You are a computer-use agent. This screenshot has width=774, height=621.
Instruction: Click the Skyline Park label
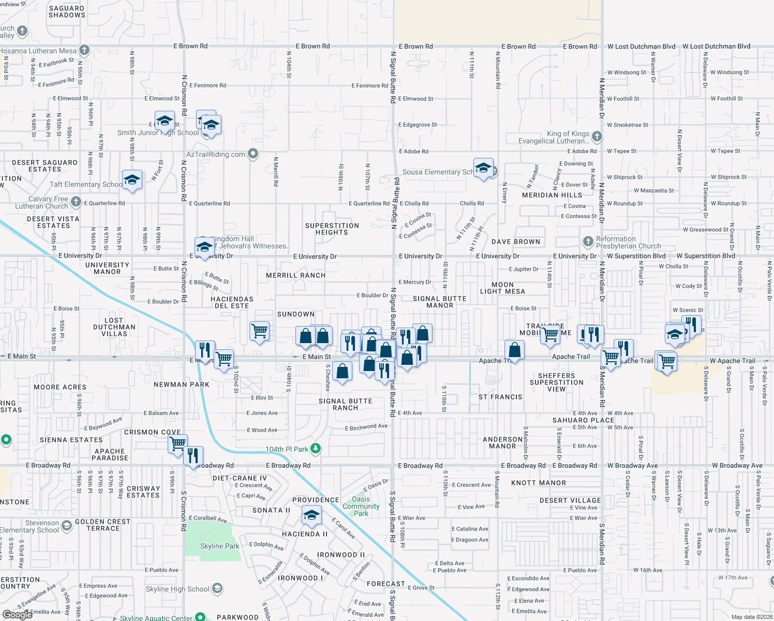(x=219, y=546)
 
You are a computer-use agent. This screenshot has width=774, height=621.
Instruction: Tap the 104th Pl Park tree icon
(x=315, y=449)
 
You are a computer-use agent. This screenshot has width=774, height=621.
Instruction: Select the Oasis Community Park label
(x=361, y=506)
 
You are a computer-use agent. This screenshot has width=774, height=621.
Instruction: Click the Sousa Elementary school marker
(x=483, y=168)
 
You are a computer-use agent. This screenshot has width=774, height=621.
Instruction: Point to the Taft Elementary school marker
(x=132, y=180)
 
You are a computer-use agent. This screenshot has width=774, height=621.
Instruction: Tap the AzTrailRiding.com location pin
(x=253, y=154)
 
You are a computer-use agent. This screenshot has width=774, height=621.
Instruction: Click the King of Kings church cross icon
(x=597, y=136)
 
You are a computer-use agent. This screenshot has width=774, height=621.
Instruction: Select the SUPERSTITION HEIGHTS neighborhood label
(x=332, y=229)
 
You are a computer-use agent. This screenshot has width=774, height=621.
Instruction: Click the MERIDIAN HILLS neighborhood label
(x=552, y=195)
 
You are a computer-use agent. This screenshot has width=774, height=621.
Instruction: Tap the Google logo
(x=17, y=615)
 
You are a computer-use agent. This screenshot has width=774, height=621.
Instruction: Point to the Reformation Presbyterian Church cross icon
(x=588, y=242)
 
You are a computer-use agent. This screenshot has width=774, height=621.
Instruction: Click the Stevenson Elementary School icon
(x=67, y=526)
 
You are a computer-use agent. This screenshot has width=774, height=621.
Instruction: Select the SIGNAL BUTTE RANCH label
(x=345, y=404)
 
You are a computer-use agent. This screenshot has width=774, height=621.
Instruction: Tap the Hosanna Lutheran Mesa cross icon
(x=84, y=50)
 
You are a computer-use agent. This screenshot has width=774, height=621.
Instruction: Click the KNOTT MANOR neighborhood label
(x=538, y=483)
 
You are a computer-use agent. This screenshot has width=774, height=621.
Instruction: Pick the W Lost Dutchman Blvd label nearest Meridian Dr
(x=641, y=47)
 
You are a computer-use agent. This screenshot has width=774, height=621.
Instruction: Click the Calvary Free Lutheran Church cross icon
(x=76, y=202)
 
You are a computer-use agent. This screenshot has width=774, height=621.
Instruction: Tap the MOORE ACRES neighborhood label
(x=60, y=387)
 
